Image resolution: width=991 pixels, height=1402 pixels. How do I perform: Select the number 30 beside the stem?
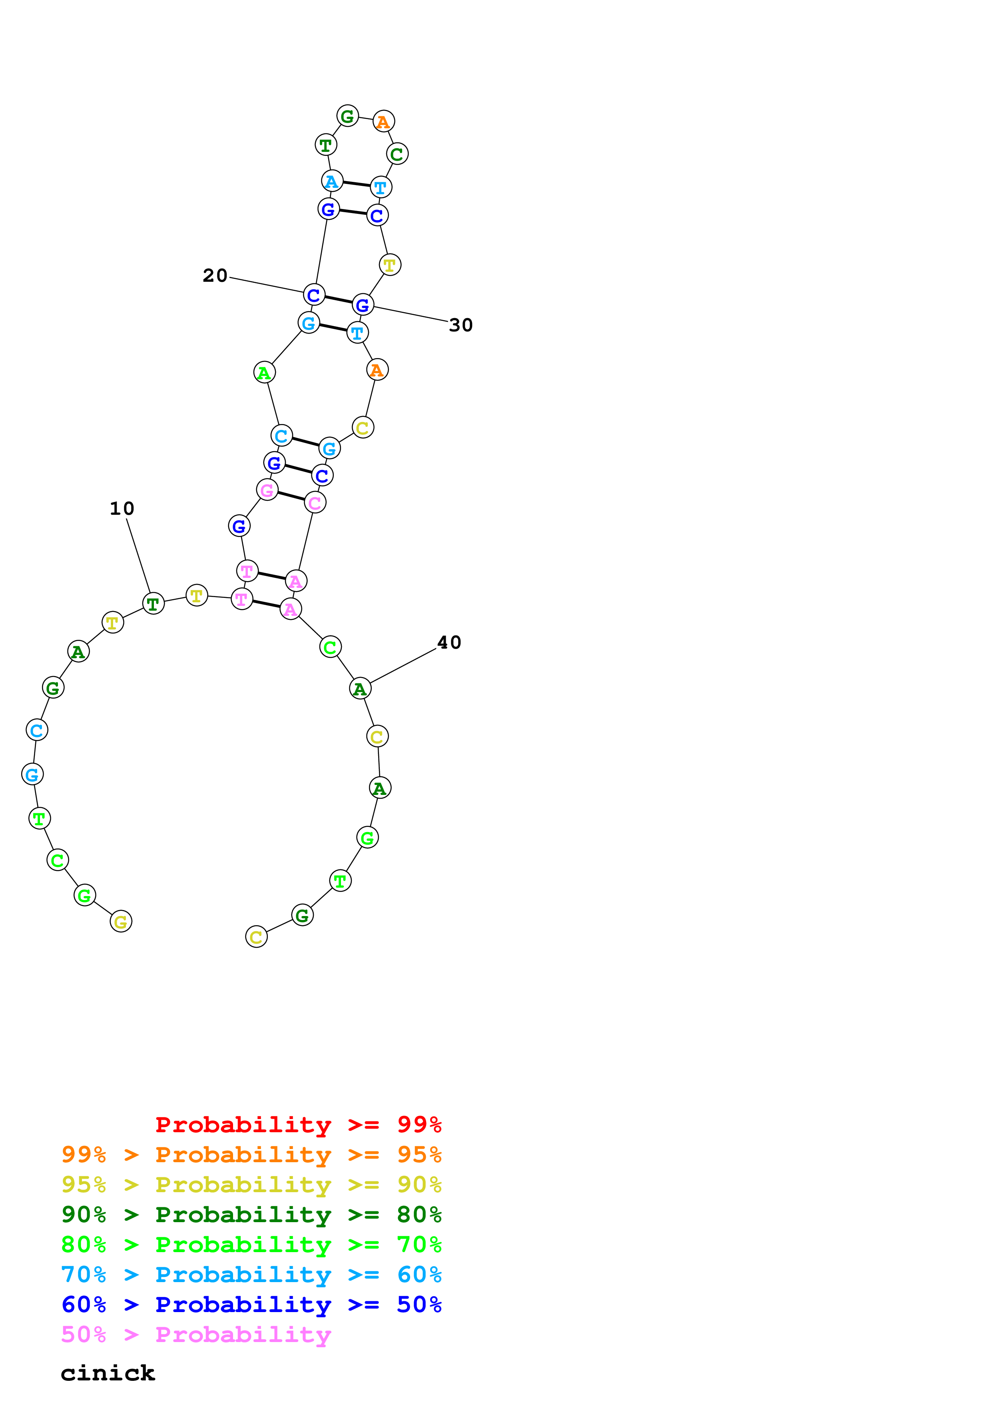461,325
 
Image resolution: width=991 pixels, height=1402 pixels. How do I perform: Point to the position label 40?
449,642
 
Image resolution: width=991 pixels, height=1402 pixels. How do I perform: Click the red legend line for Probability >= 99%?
298,1124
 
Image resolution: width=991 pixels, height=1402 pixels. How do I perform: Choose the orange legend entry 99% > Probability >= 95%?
251,1154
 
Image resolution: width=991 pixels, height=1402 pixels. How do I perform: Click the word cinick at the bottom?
108,1373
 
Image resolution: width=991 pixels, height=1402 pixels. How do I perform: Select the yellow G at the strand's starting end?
121,922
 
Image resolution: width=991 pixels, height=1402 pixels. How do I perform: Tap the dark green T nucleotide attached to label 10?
153,603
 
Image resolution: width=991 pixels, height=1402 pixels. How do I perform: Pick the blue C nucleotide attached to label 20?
314,294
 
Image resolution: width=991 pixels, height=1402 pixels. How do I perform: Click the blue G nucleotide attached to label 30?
363,305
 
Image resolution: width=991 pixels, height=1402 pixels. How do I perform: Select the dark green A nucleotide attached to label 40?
360,688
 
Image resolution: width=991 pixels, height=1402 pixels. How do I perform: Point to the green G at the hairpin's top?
347,116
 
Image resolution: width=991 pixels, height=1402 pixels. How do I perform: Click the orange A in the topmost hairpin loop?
383,121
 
